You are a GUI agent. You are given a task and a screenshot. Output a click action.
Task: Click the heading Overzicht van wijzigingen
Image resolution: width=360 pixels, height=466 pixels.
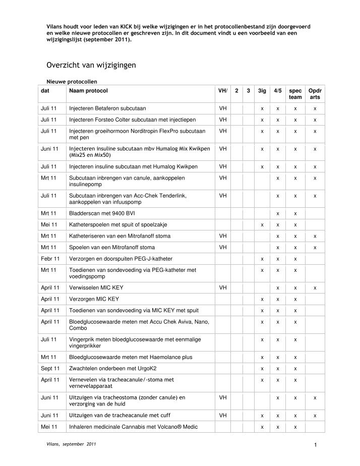click(x=90, y=65)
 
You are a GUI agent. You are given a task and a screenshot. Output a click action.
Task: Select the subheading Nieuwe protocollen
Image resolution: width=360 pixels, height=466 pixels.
click(x=68, y=81)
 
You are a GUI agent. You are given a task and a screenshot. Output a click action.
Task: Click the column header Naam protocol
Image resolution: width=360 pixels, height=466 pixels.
click(x=88, y=90)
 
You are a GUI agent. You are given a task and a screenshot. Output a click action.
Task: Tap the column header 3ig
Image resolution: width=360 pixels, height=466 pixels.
click(x=262, y=90)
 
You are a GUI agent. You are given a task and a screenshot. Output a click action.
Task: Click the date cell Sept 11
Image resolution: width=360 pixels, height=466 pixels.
click(x=50, y=369)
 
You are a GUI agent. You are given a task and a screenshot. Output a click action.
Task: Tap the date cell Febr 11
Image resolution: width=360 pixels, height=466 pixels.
click(x=50, y=259)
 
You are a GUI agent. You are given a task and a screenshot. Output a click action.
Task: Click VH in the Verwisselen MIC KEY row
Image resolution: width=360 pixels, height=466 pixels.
click(x=223, y=287)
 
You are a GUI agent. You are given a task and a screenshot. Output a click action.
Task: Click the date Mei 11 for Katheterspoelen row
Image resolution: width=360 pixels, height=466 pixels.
click(x=49, y=224)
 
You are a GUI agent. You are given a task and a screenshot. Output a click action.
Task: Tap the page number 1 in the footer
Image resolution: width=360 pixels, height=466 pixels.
click(x=314, y=444)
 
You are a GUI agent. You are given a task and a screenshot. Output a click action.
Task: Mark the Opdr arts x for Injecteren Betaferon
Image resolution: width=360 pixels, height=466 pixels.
click(x=315, y=108)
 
